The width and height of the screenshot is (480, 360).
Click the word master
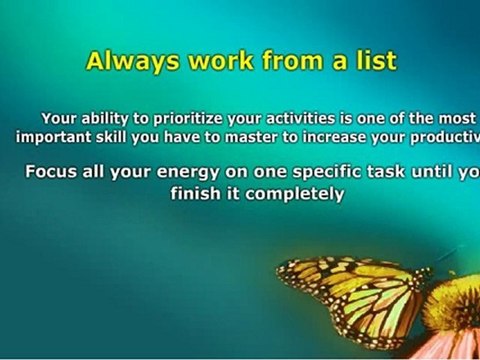pyautogui.click(x=256, y=137)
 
